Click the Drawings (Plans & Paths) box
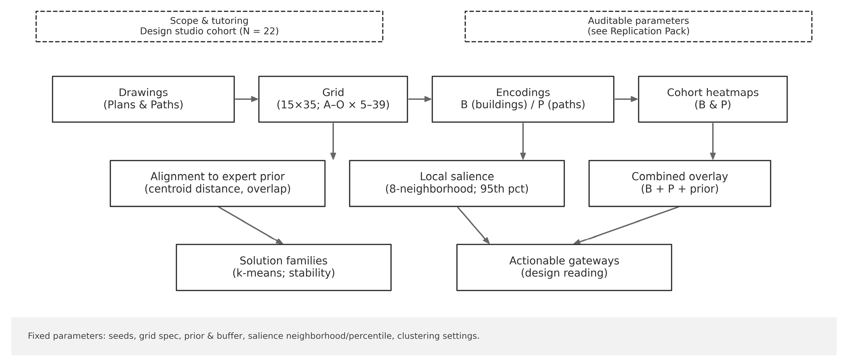tap(143, 99)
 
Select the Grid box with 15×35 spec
tap(333, 99)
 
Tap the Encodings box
tap(523, 99)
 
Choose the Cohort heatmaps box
tap(713, 99)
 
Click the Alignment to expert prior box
tap(217, 183)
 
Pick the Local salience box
tap(456, 183)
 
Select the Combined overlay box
tap(679, 183)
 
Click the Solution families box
tap(284, 267)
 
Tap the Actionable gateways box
tap(564, 267)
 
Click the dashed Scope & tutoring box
tap(209, 26)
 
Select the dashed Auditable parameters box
tap(638, 26)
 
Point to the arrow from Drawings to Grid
tap(246, 99)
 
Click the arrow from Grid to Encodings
tap(420, 99)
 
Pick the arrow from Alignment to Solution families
tap(250, 225)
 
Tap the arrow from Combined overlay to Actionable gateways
tap(625, 225)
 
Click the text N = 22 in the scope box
tap(259, 31)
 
